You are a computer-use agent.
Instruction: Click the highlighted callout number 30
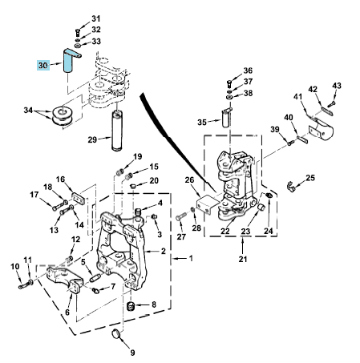tap(43, 65)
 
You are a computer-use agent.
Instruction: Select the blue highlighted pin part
tap(69, 60)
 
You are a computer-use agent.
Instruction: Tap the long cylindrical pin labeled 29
tap(117, 131)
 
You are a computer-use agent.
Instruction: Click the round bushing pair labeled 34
tap(63, 116)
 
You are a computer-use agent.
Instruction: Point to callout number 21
tap(243, 259)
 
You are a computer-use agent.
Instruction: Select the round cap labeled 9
tap(116, 334)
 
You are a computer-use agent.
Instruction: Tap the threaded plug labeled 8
tap(130, 306)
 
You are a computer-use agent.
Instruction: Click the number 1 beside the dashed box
tap(191, 258)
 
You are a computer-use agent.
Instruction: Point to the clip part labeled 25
tap(291, 186)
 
